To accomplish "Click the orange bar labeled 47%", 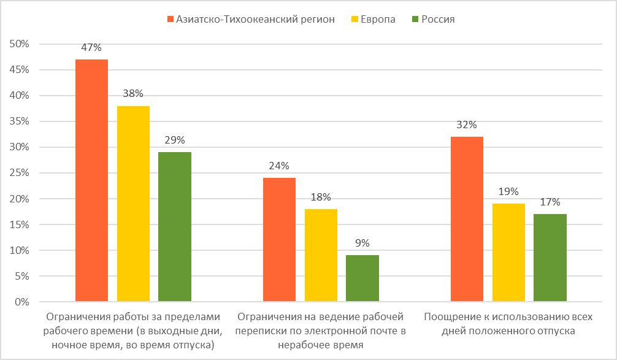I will coord(91,180).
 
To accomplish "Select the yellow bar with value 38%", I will coord(133,204).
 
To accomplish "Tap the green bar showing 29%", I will coord(174,227).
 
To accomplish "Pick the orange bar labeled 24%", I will coord(280,240).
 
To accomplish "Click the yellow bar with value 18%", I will coord(321,255).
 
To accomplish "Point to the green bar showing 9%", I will coord(362,278).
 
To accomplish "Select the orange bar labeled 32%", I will coord(467,219).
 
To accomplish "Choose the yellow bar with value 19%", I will coord(508,253).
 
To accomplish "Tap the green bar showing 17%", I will coord(550,258).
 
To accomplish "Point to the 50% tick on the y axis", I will coord(21,44).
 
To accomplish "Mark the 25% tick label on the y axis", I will coord(21,173).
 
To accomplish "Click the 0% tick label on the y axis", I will coord(24,302).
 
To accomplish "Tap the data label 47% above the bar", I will coord(91,47).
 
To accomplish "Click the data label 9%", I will coord(362,242).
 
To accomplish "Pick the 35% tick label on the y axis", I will coord(21,121).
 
